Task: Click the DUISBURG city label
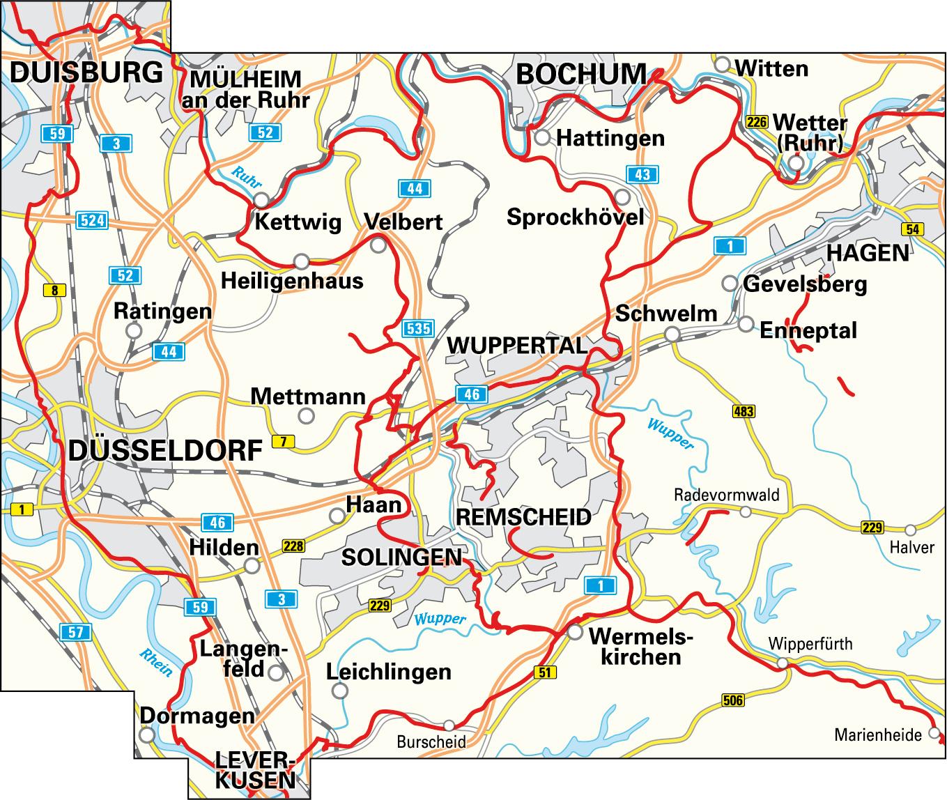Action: [87, 72]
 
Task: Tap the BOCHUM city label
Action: [581, 74]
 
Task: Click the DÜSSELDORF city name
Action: [165, 451]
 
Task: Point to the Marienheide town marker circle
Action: [934, 733]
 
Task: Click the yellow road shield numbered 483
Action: [744, 412]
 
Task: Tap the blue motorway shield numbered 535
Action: [418, 328]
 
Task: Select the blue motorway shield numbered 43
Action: [642, 174]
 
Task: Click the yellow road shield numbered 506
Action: [734, 700]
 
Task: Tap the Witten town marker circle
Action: [723, 64]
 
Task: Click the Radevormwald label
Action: [726, 495]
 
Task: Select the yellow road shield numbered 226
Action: [756, 122]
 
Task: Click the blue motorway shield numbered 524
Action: [92, 222]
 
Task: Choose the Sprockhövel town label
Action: [575, 217]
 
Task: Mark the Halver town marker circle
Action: [910, 530]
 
